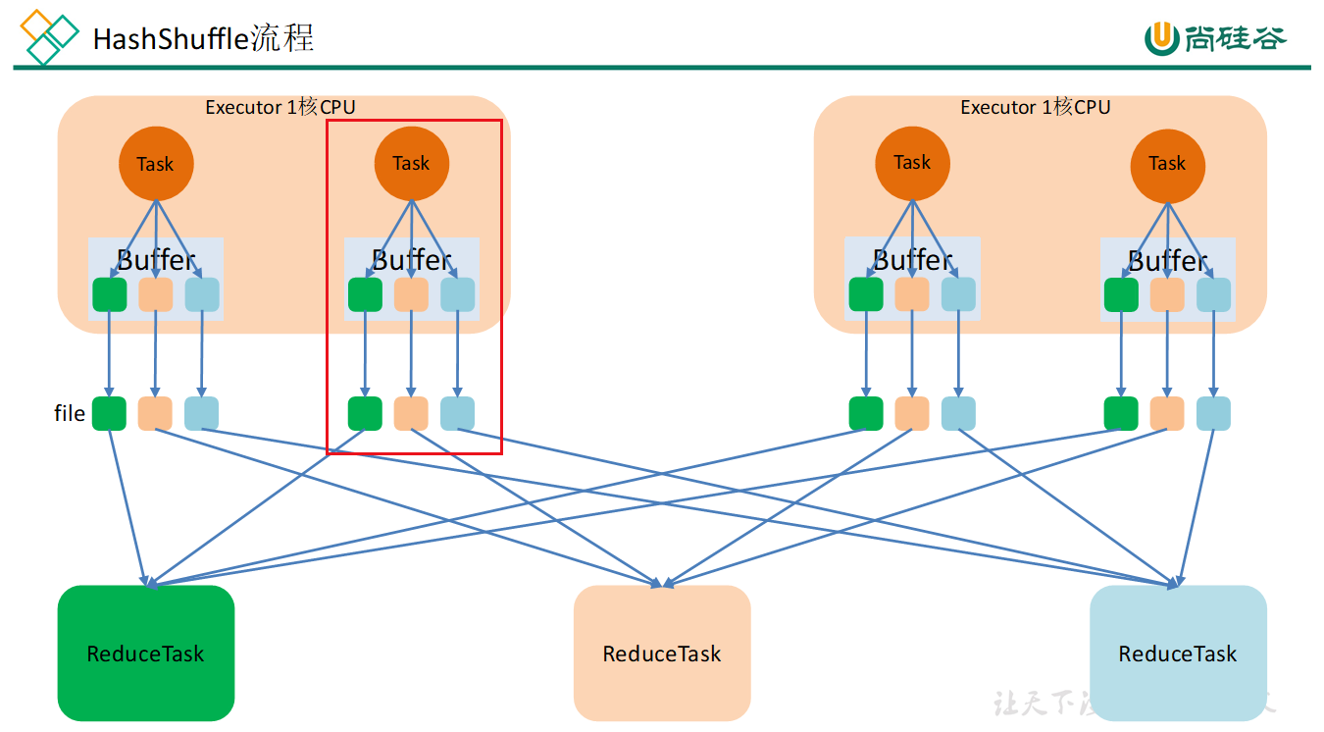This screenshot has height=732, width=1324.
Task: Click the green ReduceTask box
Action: point(146,653)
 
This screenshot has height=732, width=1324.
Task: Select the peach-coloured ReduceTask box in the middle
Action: point(662,653)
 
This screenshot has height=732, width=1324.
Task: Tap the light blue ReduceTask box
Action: point(1178,653)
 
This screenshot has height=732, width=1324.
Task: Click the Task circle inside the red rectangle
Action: point(412,163)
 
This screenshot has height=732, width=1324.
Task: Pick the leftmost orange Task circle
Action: point(156,164)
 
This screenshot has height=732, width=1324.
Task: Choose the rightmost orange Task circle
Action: point(1167,164)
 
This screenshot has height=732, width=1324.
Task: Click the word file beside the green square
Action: point(70,413)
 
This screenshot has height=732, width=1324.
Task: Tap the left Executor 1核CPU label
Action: point(280,107)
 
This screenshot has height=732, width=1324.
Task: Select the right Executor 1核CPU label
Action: point(1035,107)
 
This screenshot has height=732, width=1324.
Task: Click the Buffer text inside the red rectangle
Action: point(412,259)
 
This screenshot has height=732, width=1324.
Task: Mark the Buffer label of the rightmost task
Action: point(1167,260)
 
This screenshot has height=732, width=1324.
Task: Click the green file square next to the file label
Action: point(109,413)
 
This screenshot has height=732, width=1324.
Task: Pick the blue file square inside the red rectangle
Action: point(457,413)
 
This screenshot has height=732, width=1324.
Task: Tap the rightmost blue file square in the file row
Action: point(1213,413)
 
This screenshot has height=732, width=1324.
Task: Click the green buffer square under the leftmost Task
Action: point(109,294)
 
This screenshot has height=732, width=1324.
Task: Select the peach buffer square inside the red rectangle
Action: point(411,294)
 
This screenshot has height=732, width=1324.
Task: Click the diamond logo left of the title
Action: point(49,37)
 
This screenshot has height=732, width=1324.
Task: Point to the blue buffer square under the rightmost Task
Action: point(1213,294)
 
